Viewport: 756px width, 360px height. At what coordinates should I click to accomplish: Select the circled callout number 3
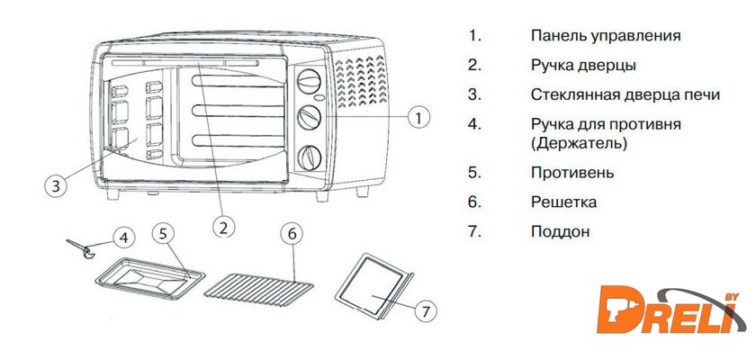coord(56,186)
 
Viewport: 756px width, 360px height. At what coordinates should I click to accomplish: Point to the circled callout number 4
coord(125,238)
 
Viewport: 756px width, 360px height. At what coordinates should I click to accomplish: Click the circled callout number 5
coord(162,232)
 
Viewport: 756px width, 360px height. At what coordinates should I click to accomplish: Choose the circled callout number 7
coord(427,310)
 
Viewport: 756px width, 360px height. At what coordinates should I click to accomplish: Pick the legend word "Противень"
coord(572,172)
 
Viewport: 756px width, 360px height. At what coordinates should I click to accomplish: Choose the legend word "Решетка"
coord(564,202)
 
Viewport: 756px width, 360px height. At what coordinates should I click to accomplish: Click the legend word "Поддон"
coord(560,231)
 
